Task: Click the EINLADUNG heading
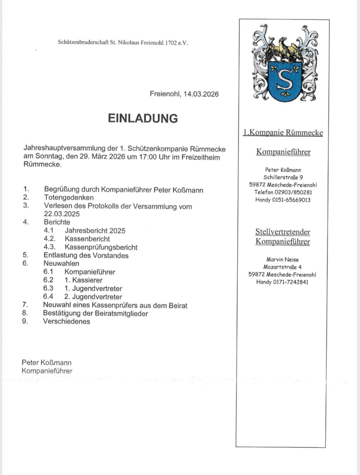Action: [x=143, y=118]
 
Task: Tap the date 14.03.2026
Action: [x=201, y=94]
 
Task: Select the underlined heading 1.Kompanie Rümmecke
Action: [x=283, y=133]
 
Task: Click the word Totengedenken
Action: [x=69, y=197]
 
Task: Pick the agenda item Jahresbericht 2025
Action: [x=95, y=231]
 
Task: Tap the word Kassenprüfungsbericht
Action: [x=101, y=247]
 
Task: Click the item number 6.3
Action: [x=48, y=288]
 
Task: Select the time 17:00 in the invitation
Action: [x=147, y=157]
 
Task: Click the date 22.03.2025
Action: [x=62, y=214]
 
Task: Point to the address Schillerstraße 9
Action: [x=283, y=177]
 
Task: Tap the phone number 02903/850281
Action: [x=293, y=192]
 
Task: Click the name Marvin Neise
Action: [x=282, y=259]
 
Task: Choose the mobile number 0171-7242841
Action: [x=291, y=282]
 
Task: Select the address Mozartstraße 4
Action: [x=282, y=267]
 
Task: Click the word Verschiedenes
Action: [x=66, y=321]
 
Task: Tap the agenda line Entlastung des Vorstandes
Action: [x=86, y=255]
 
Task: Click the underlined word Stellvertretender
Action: [x=283, y=232]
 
